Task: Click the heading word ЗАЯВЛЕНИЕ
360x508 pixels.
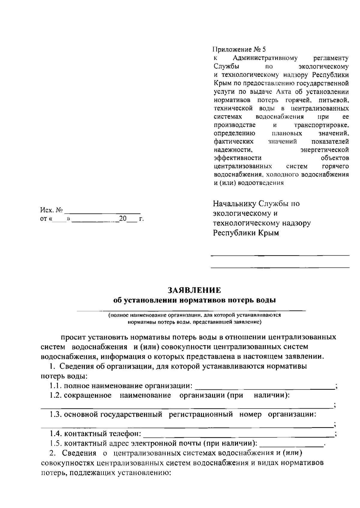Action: [194, 290]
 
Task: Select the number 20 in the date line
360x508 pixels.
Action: [123, 219]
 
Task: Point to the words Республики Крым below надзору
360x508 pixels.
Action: [246, 233]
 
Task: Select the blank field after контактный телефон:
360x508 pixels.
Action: [238, 433]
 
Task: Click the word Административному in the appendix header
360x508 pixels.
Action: [265, 58]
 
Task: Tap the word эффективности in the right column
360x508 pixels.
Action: [238, 158]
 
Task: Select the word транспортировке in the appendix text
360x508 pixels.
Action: [319, 125]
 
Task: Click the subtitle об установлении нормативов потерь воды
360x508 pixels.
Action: [194, 300]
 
